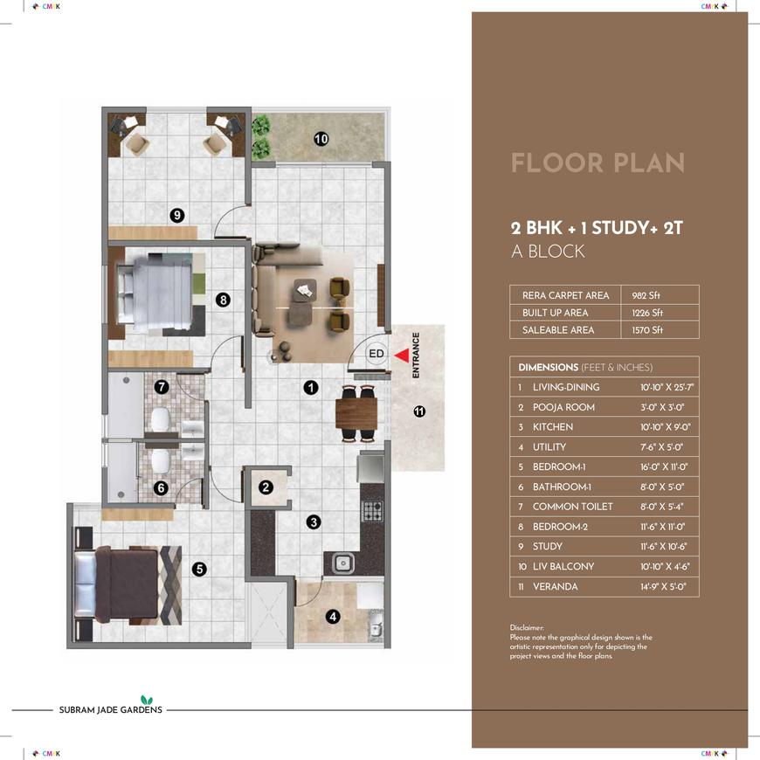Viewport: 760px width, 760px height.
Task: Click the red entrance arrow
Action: coord(403,356)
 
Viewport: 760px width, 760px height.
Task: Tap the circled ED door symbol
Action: coord(377,354)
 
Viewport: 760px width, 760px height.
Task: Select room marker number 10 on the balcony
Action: coord(321,139)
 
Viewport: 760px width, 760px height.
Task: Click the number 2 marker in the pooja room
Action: coord(266,487)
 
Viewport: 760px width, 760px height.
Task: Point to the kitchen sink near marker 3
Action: coord(342,563)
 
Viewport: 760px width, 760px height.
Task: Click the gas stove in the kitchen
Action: coord(372,510)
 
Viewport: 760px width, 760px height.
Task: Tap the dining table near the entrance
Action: coord(356,412)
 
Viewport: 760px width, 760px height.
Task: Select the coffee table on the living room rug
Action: coord(305,290)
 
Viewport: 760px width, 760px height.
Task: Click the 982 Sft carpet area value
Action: coord(646,295)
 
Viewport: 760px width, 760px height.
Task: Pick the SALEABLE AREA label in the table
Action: coord(558,330)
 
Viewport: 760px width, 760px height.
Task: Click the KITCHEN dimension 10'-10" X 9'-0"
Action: coord(665,427)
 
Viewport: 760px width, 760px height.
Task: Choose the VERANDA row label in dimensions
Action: coord(555,586)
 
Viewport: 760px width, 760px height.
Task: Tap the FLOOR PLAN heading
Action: coord(598,162)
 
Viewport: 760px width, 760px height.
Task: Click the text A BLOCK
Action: coord(549,251)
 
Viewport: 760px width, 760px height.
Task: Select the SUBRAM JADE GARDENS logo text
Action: coord(111,709)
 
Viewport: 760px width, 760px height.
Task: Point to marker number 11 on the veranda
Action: coord(419,411)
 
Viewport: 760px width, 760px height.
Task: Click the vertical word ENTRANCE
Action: coord(416,355)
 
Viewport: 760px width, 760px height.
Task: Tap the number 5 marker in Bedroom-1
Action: coord(199,569)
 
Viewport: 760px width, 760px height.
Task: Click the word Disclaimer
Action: coord(527,628)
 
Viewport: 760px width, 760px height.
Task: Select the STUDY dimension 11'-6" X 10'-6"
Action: coord(663,547)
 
